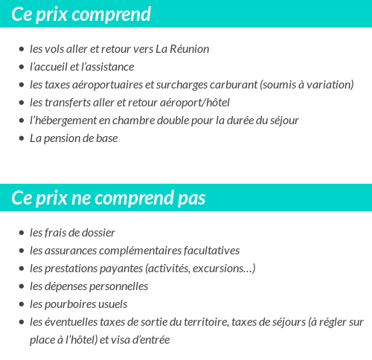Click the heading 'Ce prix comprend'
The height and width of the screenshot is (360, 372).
tap(81, 14)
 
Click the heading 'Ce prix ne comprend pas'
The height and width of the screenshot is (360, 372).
tap(109, 198)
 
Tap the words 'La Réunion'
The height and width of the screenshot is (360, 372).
tap(182, 49)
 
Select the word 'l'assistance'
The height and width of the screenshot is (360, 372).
tap(107, 67)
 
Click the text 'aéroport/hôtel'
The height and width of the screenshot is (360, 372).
tap(195, 103)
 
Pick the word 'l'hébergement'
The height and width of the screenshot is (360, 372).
tap(63, 120)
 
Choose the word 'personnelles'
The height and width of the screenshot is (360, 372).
tap(118, 286)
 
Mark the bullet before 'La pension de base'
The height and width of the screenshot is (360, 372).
tap(21, 138)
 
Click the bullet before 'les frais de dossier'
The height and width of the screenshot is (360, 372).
tap(21, 233)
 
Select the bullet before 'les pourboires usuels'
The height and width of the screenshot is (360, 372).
tap(21, 304)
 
